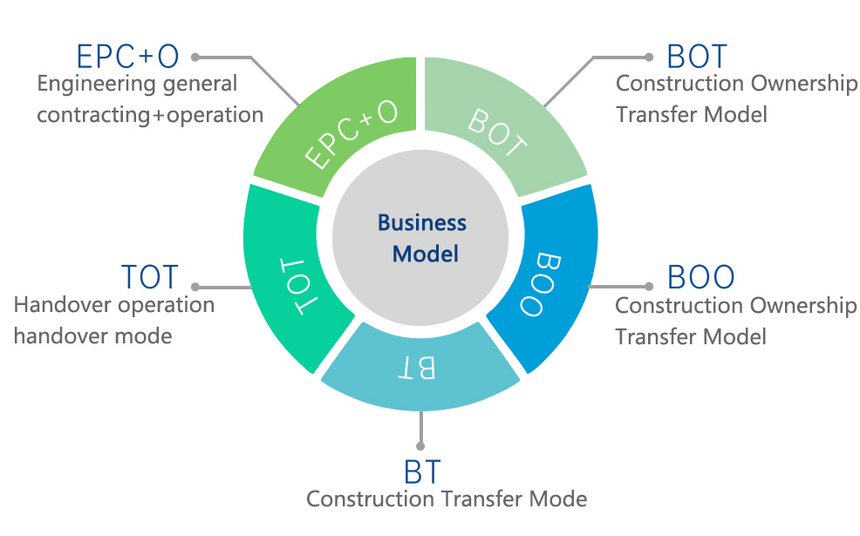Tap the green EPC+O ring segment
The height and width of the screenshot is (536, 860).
pos(345,126)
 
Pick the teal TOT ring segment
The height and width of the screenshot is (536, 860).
pos(292,283)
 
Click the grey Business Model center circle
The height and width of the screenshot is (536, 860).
pos(422,237)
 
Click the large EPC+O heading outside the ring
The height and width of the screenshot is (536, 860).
pos(127,56)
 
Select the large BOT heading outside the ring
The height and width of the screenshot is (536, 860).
pos(696,56)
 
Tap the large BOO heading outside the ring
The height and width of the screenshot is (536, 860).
pos(700,277)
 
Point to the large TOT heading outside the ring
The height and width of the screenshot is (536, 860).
pos(150,277)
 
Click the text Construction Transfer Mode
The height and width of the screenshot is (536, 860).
pos(447,499)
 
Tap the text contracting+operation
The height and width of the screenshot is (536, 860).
pos(150,114)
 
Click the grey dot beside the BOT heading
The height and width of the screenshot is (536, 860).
pos(648,57)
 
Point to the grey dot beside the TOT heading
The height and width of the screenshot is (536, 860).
pos(195,286)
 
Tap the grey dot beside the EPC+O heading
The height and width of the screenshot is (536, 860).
pos(195,57)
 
